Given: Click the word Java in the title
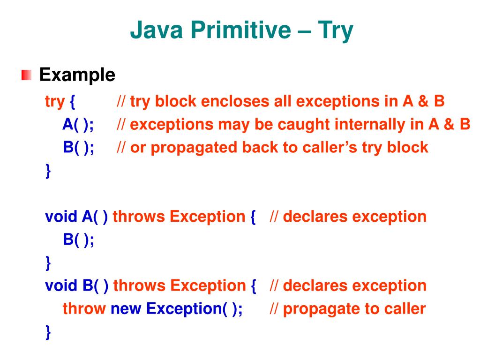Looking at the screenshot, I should coord(154,31).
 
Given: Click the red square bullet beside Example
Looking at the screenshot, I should coord(26,75).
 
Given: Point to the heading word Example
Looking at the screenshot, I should coord(77,75).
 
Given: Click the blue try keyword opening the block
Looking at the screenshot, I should coord(54,102).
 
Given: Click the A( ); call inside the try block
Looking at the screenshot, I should coord(78,125).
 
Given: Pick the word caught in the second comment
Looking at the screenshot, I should coord(301,125).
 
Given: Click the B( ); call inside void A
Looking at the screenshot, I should coord(78,240).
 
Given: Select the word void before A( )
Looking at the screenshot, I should coord(61,217).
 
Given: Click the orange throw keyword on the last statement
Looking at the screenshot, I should coord(84,309).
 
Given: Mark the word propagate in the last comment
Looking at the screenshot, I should coord(320,309).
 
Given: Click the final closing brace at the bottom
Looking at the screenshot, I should coord(48,332).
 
